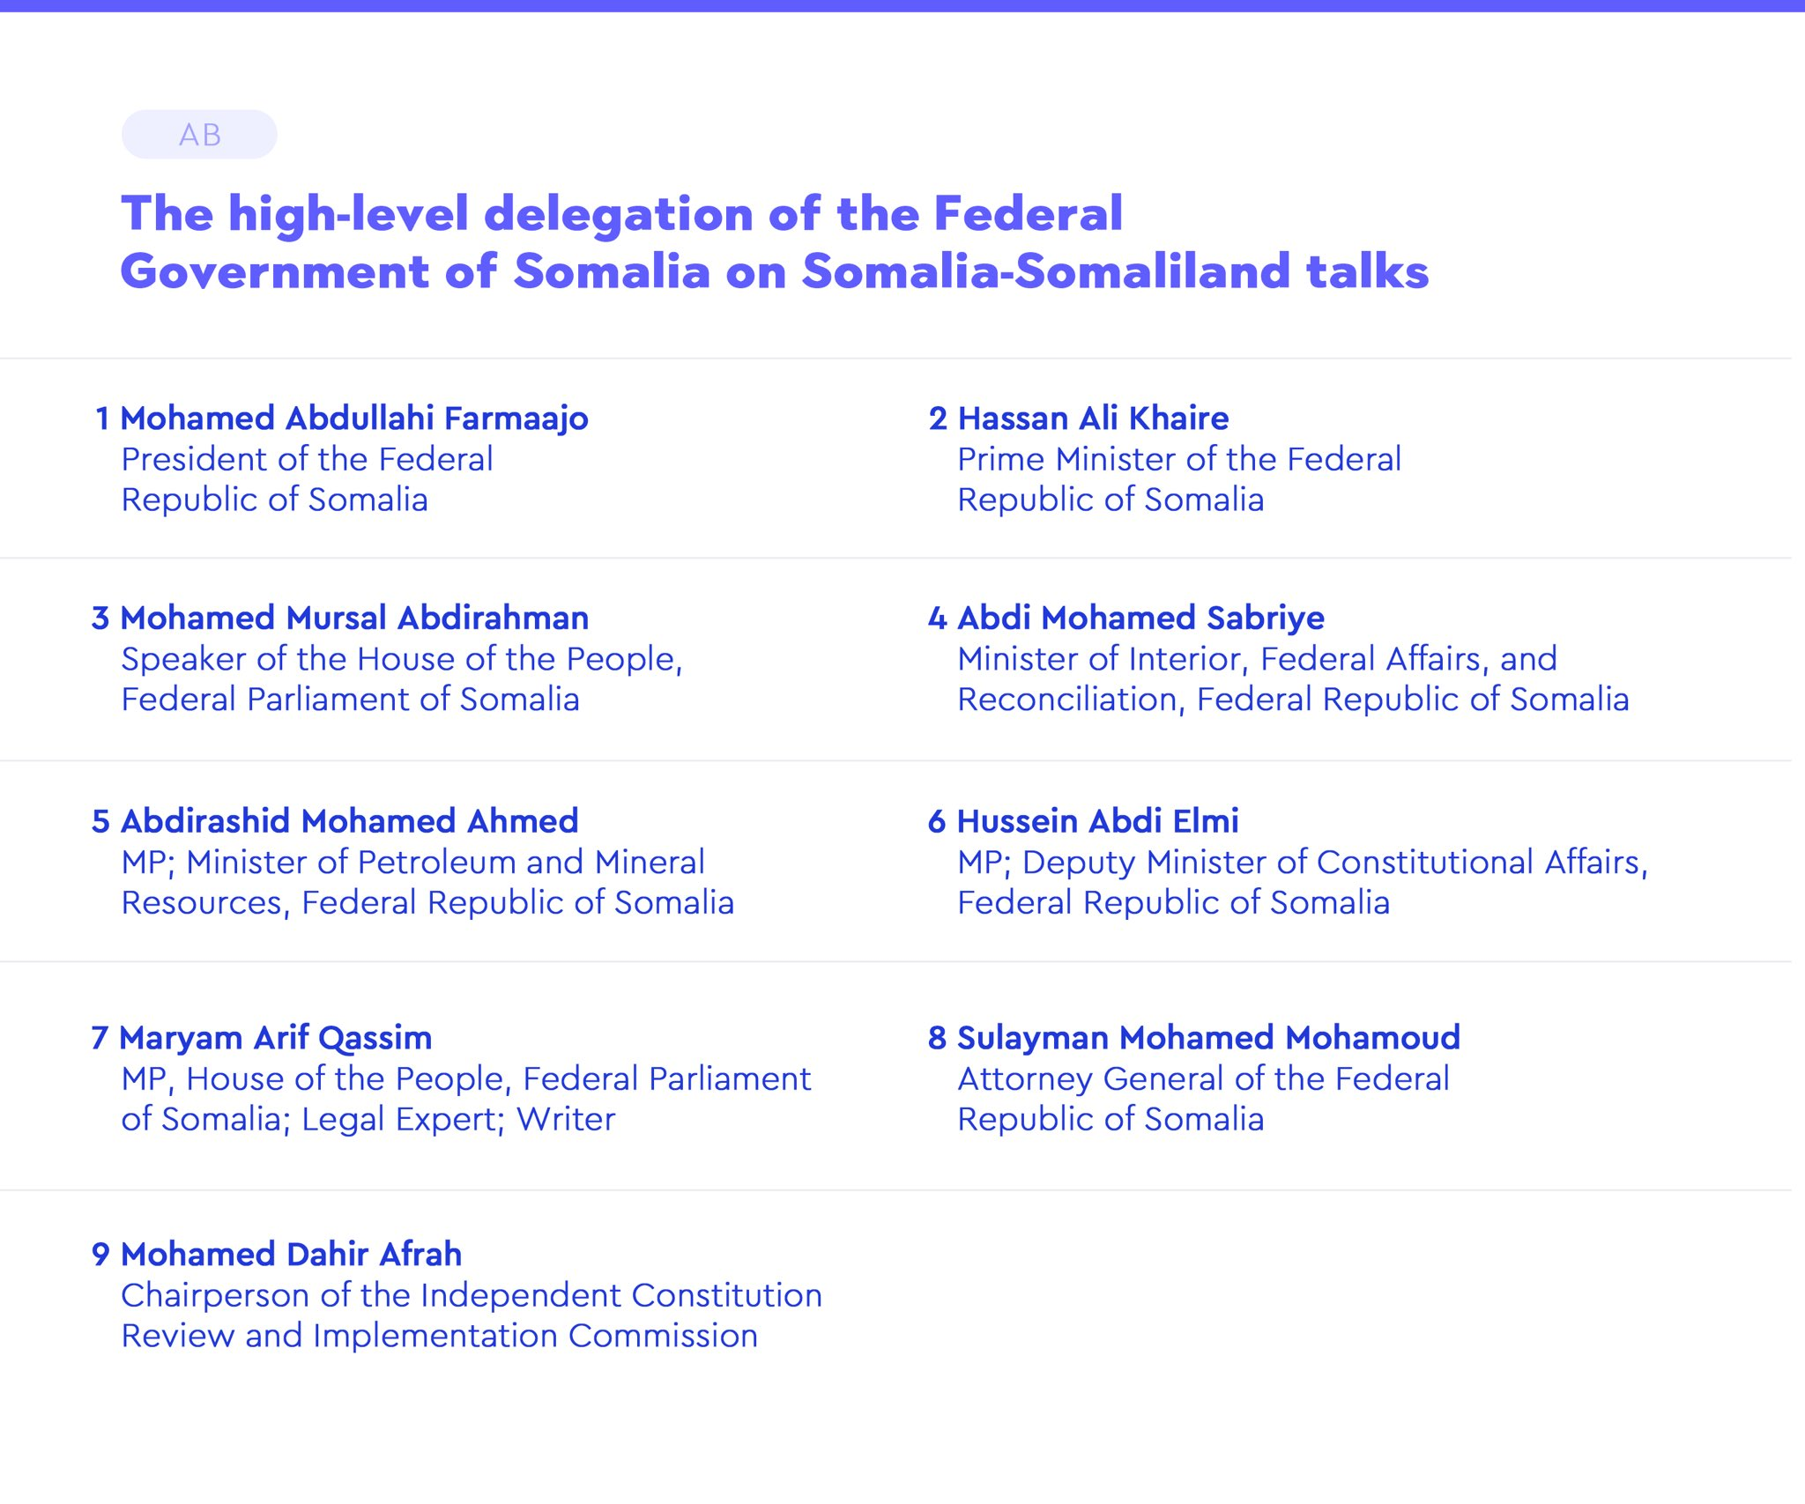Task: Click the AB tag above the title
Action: pos(199,135)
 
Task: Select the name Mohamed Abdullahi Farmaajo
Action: pos(354,419)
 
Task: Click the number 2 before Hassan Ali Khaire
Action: pos(938,419)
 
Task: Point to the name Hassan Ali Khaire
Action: pos(1093,419)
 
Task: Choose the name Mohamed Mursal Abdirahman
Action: pos(354,619)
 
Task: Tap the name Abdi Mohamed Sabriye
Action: pos(1140,619)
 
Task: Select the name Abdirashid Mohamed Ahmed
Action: pos(350,821)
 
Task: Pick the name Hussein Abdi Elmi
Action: pos(1098,821)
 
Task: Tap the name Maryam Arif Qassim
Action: pos(276,1039)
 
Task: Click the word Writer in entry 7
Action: pos(566,1119)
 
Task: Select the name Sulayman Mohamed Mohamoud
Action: pos(1208,1038)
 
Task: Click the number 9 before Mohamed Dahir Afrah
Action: pos(100,1255)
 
